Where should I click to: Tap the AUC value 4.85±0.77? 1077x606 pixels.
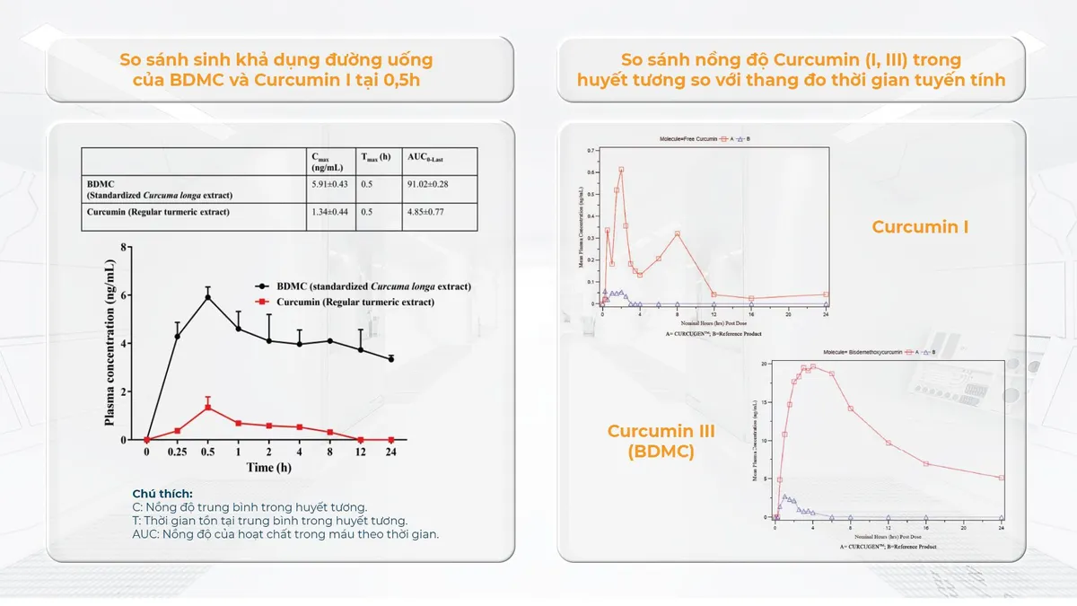coord(426,213)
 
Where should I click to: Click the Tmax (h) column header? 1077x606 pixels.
coord(375,157)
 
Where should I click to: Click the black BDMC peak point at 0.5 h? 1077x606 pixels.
coord(208,297)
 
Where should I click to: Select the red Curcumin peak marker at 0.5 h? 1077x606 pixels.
coord(208,407)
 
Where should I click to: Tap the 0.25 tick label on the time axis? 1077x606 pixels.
coord(177,452)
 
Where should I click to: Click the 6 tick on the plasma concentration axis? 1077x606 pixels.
coord(126,295)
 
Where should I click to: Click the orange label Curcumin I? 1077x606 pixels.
coord(920,227)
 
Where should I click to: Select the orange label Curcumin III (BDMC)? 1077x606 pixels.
coord(661,441)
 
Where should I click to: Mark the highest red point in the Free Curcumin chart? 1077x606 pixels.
coord(621,170)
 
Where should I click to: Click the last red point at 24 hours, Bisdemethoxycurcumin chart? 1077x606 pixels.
coord(1002,478)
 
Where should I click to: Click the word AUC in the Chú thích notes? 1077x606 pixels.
coord(144,533)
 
